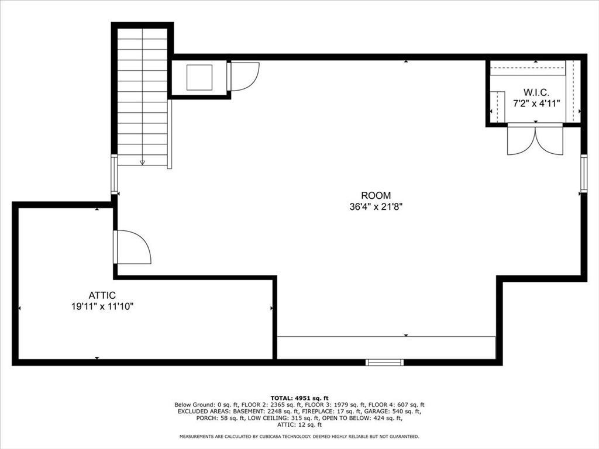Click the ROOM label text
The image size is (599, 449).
pyautogui.click(x=376, y=196)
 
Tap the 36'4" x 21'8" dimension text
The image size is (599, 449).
pyautogui.click(x=376, y=206)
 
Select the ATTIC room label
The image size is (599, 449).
pyautogui.click(x=102, y=296)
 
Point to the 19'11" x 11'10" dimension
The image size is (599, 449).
pyautogui.click(x=102, y=306)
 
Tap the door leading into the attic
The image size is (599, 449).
pyautogui.click(x=132, y=248)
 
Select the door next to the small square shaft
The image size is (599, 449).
pyautogui.click(x=242, y=77)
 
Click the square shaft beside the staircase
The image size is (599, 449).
pyautogui.click(x=199, y=77)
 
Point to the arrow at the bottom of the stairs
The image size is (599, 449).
pyautogui.click(x=142, y=162)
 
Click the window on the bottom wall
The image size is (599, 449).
pyautogui.click(x=384, y=362)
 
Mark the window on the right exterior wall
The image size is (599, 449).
pyautogui.click(x=583, y=174)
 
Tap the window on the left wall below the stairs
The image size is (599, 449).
pyautogui.click(x=114, y=174)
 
